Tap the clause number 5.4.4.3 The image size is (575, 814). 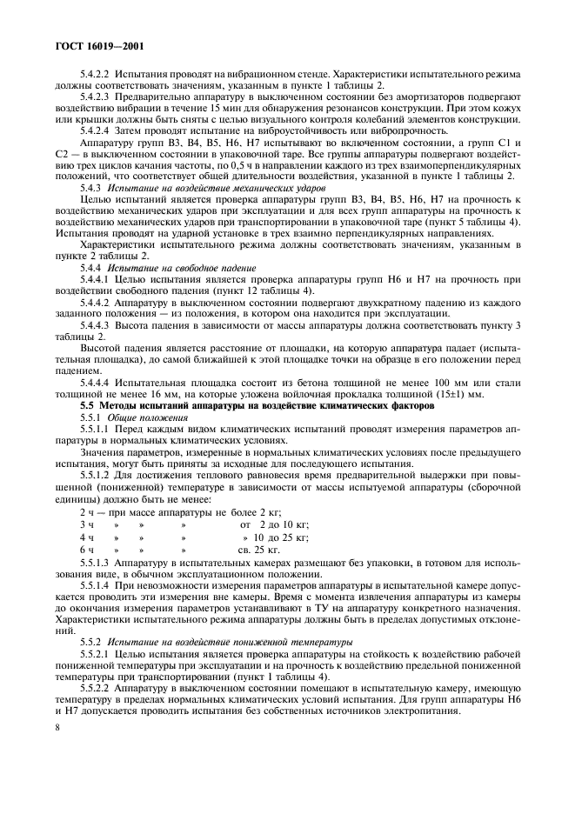pyautogui.click(x=97, y=325)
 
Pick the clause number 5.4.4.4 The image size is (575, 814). pyautogui.click(x=97, y=382)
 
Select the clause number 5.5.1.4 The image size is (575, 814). pyautogui.click(x=97, y=588)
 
